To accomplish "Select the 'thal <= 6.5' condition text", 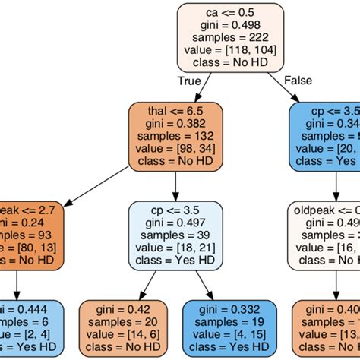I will click(175, 111).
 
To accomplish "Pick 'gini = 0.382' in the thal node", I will click(175, 124).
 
